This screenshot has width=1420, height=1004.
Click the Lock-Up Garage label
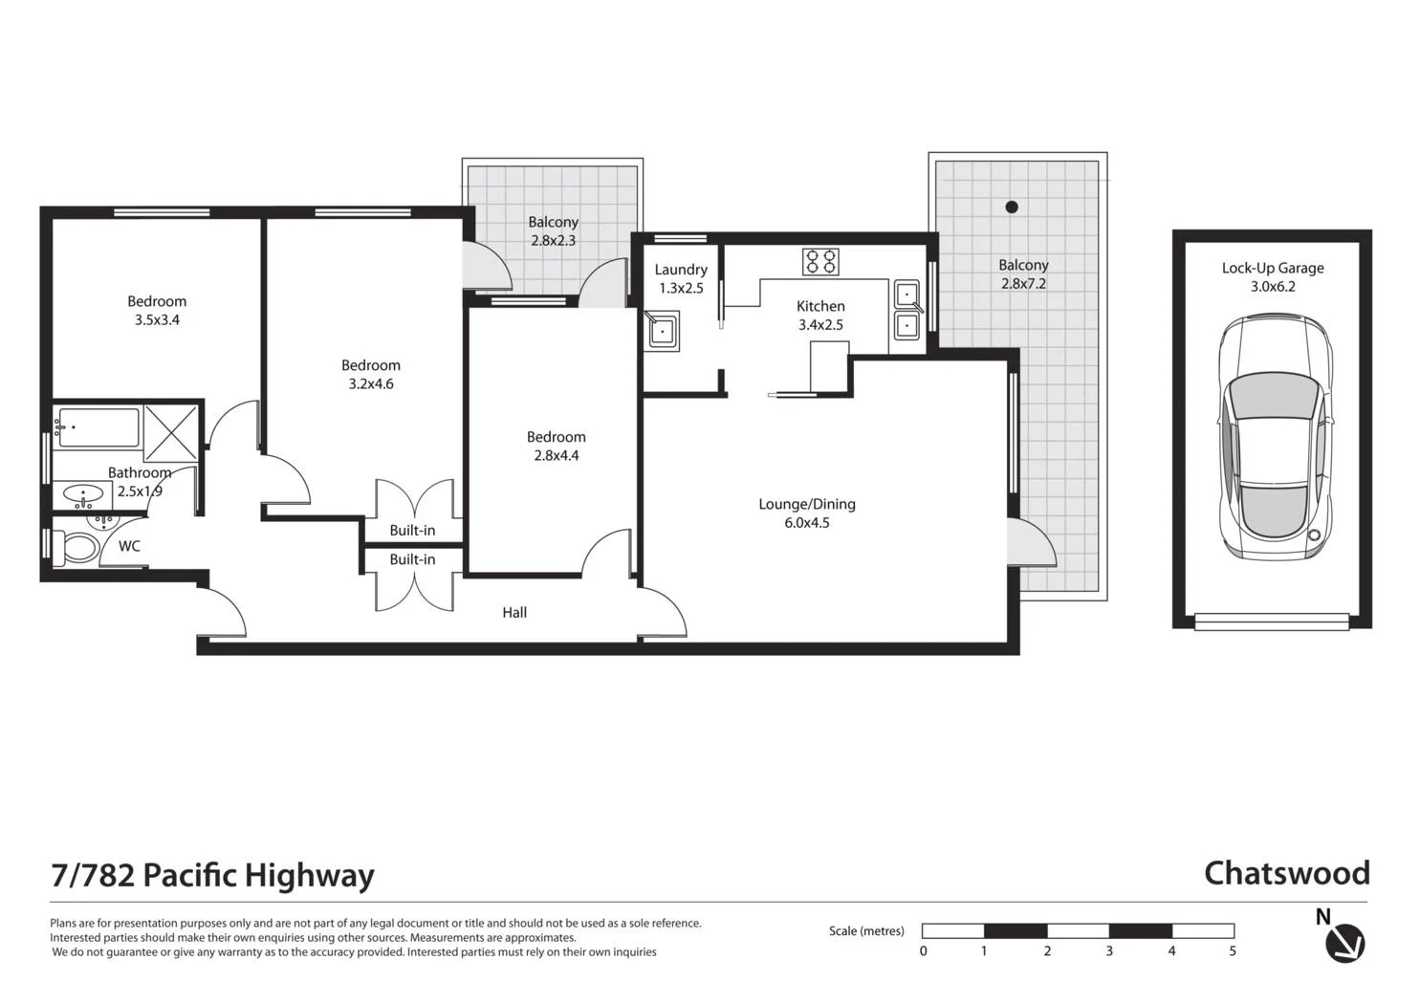click(x=1273, y=276)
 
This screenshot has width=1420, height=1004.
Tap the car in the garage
click(x=1274, y=437)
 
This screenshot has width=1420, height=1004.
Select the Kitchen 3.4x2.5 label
click(x=820, y=315)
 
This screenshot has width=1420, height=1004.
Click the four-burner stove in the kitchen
click(x=820, y=261)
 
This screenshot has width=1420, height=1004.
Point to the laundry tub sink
click(x=662, y=331)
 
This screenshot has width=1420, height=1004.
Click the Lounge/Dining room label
click(x=807, y=513)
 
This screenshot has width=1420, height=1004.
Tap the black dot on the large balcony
click(x=1012, y=207)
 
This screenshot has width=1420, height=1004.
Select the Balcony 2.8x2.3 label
click(x=553, y=230)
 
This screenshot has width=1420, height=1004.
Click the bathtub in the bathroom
click(x=98, y=427)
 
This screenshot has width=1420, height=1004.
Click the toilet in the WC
click(x=77, y=548)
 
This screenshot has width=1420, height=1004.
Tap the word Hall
click(x=514, y=612)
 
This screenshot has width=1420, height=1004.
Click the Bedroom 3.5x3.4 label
click(x=157, y=310)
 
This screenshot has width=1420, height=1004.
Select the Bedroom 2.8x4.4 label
click(x=556, y=446)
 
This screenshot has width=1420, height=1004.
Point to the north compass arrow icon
click(x=1344, y=943)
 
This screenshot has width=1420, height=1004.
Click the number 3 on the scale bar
click(x=1109, y=951)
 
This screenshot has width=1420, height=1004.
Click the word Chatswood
click(x=1286, y=873)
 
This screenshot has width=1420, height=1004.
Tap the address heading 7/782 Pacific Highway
click(x=212, y=876)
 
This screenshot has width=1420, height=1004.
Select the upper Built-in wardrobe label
click(x=412, y=530)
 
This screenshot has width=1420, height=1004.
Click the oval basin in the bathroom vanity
click(x=84, y=495)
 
